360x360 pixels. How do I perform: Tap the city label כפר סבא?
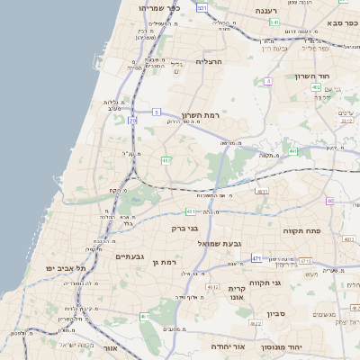[334, 21]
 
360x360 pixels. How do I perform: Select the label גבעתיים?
[130, 256]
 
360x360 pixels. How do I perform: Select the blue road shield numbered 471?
[256, 258]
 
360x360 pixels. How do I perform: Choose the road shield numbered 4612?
[212, 286]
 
